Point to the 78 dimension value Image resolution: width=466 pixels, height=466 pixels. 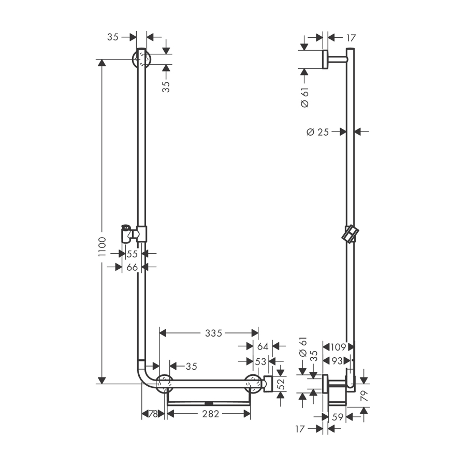click(x=153, y=414)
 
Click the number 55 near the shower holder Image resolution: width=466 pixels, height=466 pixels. click(x=133, y=254)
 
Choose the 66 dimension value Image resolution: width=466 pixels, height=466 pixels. click(x=133, y=267)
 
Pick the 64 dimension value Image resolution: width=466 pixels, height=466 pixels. click(x=263, y=346)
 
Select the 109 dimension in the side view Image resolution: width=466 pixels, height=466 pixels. click(x=338, y=346)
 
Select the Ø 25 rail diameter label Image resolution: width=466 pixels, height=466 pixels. click(x=318, y=132)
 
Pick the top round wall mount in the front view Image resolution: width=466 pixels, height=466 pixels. click(x=141, y=60)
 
